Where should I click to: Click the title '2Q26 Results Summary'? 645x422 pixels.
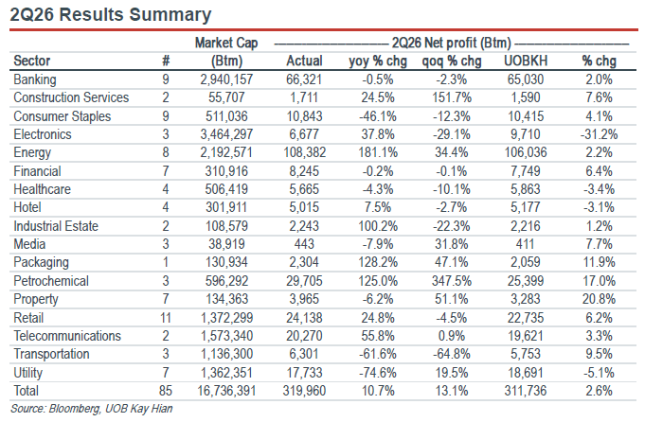110,15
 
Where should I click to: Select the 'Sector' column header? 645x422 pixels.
31,61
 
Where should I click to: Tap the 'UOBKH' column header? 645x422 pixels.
526,61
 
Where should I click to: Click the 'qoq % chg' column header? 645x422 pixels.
451,62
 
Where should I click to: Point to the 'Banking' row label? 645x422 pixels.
34,79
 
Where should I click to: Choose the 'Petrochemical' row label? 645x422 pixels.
51,281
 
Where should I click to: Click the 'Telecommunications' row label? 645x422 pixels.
67,336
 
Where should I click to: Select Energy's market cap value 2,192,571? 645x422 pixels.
226,153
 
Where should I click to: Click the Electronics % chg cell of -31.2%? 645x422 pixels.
599,134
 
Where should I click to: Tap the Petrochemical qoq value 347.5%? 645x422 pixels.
451,281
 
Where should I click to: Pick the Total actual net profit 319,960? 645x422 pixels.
304,391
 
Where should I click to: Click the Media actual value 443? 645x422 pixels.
304,244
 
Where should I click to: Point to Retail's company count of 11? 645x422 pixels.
166,318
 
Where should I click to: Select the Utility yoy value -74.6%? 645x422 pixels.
378,373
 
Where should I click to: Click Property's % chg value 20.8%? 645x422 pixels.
599,299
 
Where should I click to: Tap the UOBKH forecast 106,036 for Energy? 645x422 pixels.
526,153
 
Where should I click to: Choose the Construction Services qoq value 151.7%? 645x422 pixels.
451,97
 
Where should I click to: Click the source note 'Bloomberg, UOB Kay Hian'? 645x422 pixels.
111,409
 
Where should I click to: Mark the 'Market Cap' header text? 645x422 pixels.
226,43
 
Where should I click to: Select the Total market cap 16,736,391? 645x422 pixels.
226,391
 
